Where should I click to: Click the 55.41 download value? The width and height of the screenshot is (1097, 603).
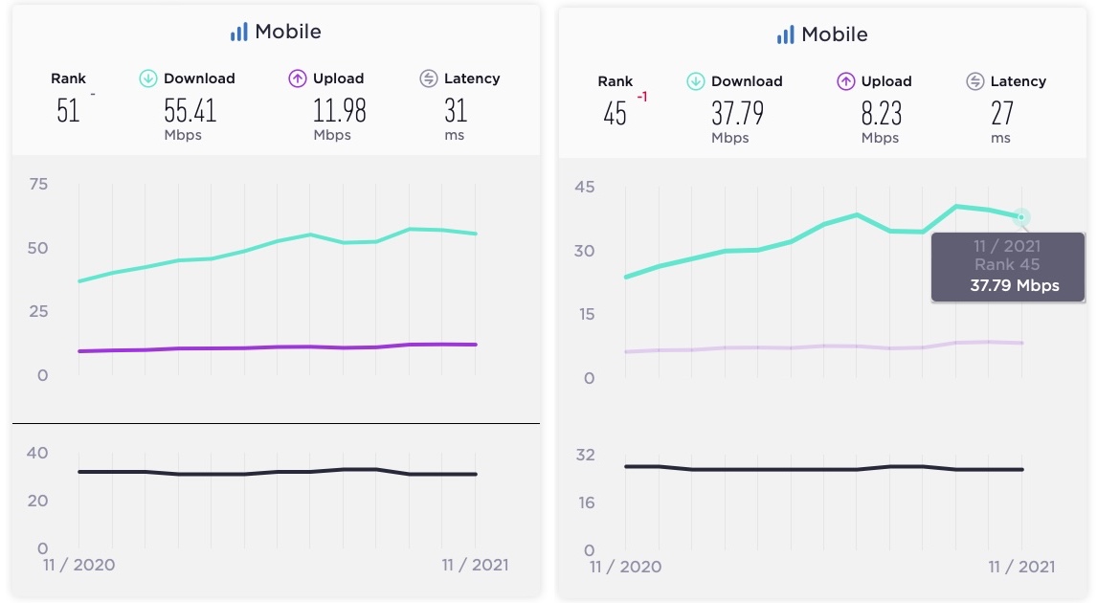click(190, 110)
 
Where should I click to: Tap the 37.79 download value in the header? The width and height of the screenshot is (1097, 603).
click(737, 113)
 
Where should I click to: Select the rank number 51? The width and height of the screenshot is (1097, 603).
click(68, 110)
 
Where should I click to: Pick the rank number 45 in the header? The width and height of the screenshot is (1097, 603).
click(615, 114)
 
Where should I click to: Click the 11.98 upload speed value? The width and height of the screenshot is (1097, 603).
click(339, 110)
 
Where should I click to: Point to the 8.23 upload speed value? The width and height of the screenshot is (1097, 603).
click(881, 113)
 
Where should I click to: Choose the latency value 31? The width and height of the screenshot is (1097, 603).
click(456, 110)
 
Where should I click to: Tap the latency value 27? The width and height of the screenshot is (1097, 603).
click(1001, 113)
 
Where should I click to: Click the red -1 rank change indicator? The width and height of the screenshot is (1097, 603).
click(642, 97)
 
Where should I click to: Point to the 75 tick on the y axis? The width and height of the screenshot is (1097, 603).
click(38, 184)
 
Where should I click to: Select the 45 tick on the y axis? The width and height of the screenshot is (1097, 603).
click(584, 187)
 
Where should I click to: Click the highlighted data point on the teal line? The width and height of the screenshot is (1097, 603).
click(1021, 218)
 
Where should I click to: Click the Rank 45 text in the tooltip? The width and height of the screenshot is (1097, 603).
click(1007, 265)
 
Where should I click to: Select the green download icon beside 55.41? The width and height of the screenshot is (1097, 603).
click(148, 78)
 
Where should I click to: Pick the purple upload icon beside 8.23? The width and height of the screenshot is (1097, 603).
click(845, 81)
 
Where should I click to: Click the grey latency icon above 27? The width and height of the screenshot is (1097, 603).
click(975, 81)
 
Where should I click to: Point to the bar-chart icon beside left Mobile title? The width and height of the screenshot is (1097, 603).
click(238, 32)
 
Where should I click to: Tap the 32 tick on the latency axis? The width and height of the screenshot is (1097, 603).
click(584, 455)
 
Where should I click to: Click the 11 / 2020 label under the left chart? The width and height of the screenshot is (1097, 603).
click(78, 565)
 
